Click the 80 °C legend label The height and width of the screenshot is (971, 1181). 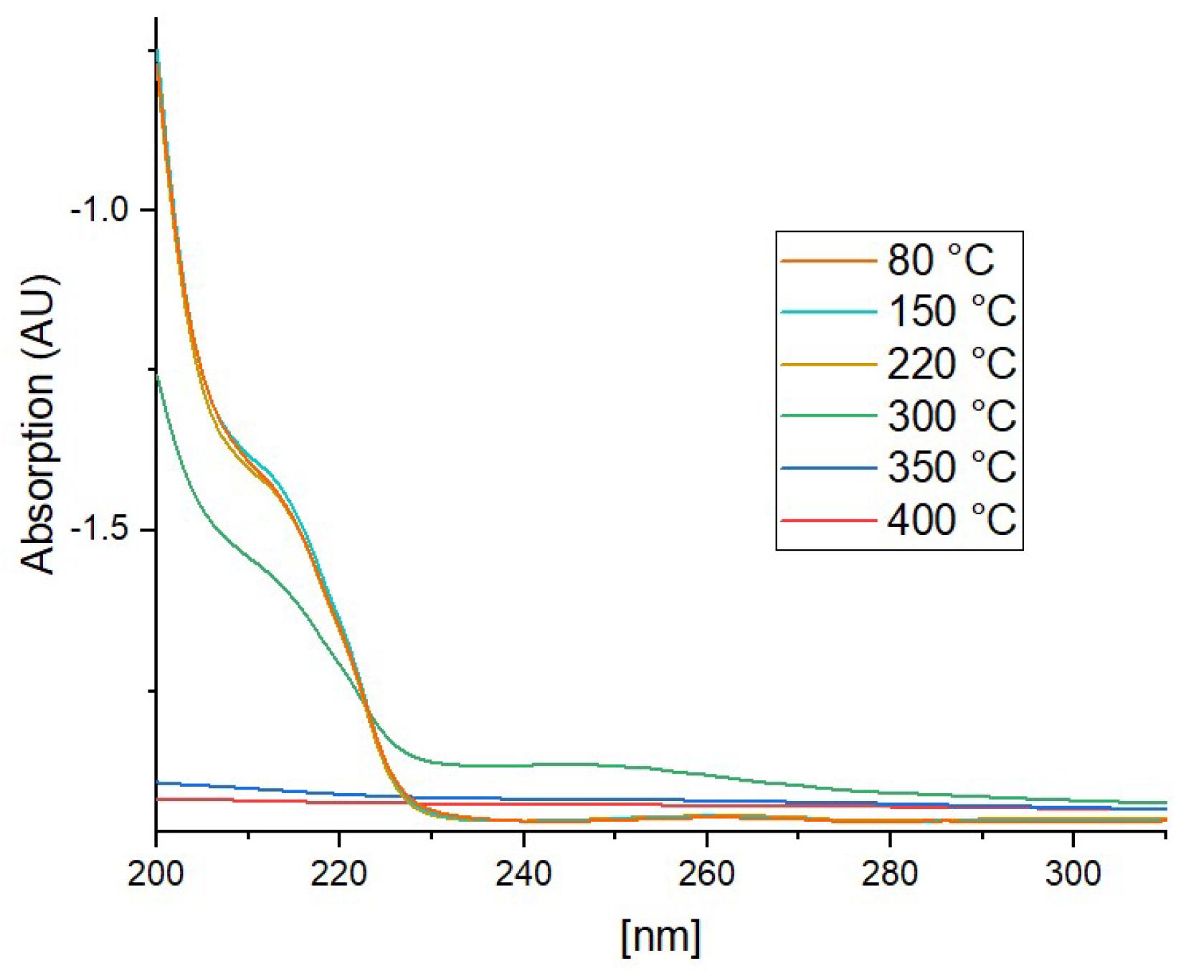click(x=940, y=260)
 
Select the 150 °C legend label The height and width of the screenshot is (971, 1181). click(x=952, y=311)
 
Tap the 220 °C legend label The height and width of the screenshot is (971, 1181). click(x=952, y=364)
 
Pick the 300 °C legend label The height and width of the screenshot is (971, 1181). click(x=952, y=415)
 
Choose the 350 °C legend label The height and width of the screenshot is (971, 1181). click(x=952, y=467)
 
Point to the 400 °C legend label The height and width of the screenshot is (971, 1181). click(x=952, y=519)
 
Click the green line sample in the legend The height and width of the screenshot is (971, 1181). click(x=828, y=416)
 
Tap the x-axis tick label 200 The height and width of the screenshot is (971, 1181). click(x=156, y=873)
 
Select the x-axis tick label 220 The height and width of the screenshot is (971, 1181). click(x=339, y=873)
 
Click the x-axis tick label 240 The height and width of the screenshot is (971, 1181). click(x=523, y=873)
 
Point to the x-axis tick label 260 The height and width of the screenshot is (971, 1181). click(x=706, y=873)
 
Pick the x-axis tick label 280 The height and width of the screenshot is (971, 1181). click(x=890, y=873)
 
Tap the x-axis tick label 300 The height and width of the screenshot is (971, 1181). click(x=1073, y=873)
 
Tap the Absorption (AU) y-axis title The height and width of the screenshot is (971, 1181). click(x=37, y=424)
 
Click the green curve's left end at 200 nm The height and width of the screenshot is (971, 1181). click(x=157, y=376)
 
